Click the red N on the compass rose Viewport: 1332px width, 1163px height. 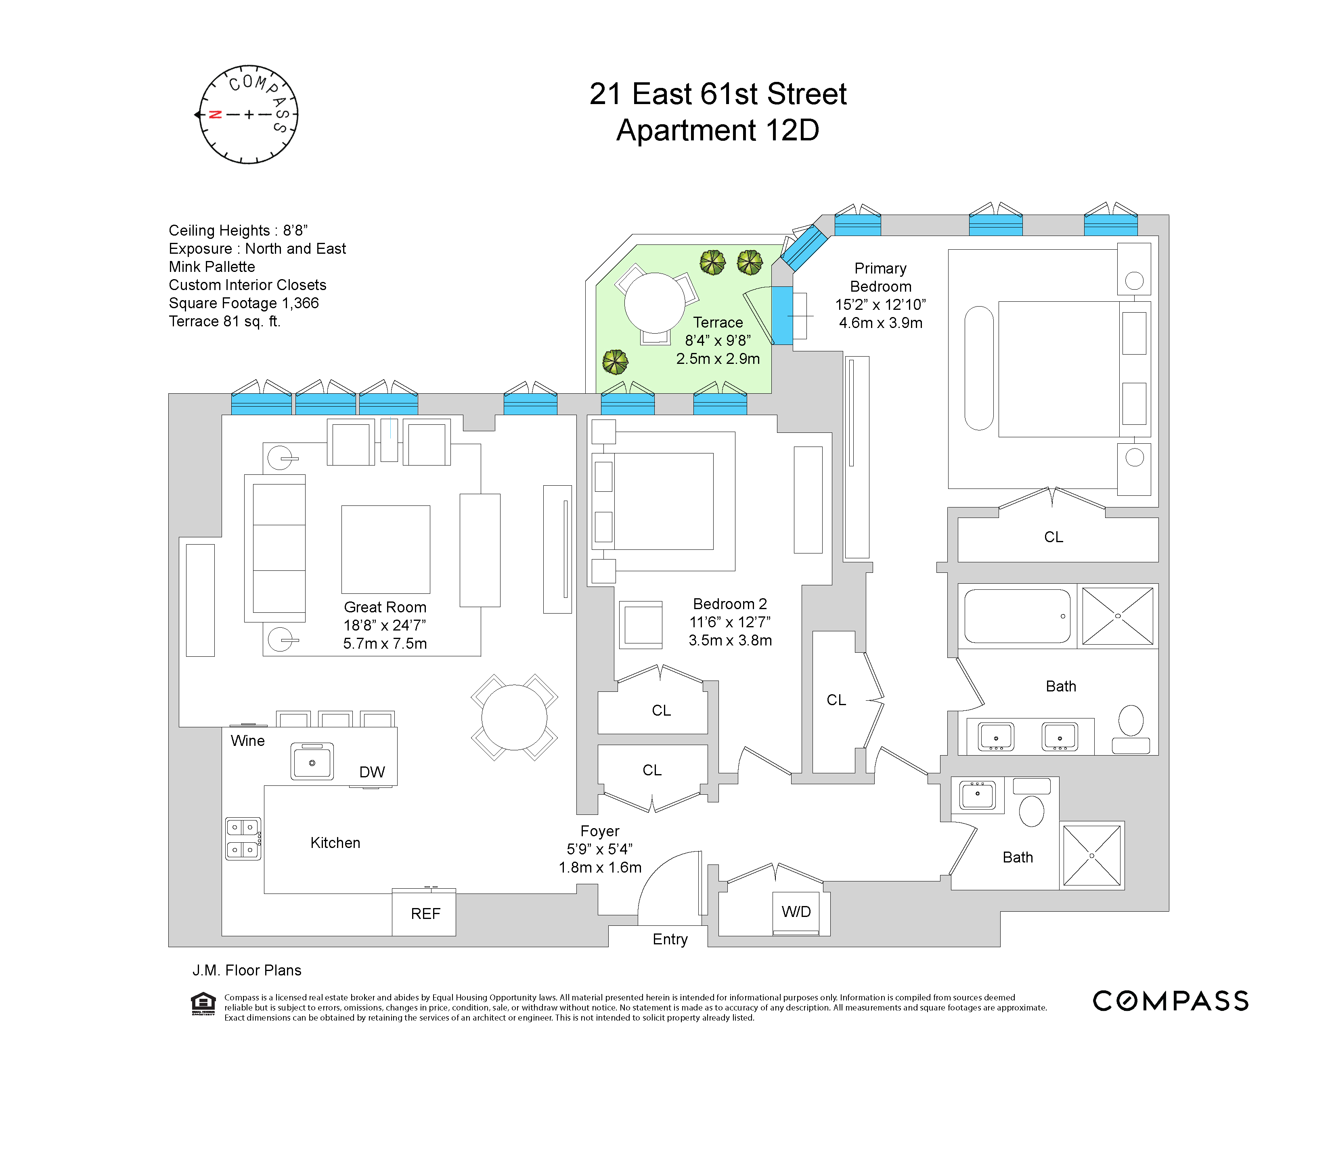pyautogui.click(x=215, y=115)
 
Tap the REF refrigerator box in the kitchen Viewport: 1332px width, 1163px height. pyautogui.click(x=425, y=914)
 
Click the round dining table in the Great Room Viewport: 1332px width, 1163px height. pyautogui.click(x=514, y=717)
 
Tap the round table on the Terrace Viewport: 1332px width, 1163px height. pyautogui.click(x=654, y=303)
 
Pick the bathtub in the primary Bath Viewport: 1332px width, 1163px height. pyautogui.click(x=1017, y=616)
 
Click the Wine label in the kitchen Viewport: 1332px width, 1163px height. pyautogui.click(x=247, y=741)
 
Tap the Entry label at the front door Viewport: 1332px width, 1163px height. pyautogui.click(x=670, y=939)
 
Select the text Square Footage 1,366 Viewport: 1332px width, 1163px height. pyautogui.click(x=243, y=303)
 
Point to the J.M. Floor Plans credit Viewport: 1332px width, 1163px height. pyautogui.click(x=247, y=970)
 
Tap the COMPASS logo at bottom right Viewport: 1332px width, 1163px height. pyautogui.click(x=1170, y=1001)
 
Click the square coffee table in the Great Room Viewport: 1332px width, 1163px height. pyautogui.click(x=386, y=549)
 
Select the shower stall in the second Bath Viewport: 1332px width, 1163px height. pyautogui.click(x=1092, y=855)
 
